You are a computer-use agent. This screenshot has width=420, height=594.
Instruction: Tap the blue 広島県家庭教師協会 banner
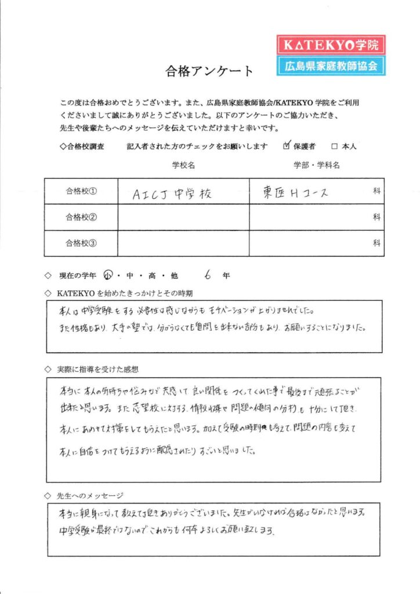point(331,66)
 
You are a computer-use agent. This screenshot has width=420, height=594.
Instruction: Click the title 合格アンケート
point(209,71)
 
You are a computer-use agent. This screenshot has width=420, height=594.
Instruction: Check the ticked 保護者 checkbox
point(286,146)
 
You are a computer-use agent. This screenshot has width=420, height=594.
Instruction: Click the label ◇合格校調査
point(82,147)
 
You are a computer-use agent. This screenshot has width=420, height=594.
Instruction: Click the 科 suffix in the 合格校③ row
point(376,243)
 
